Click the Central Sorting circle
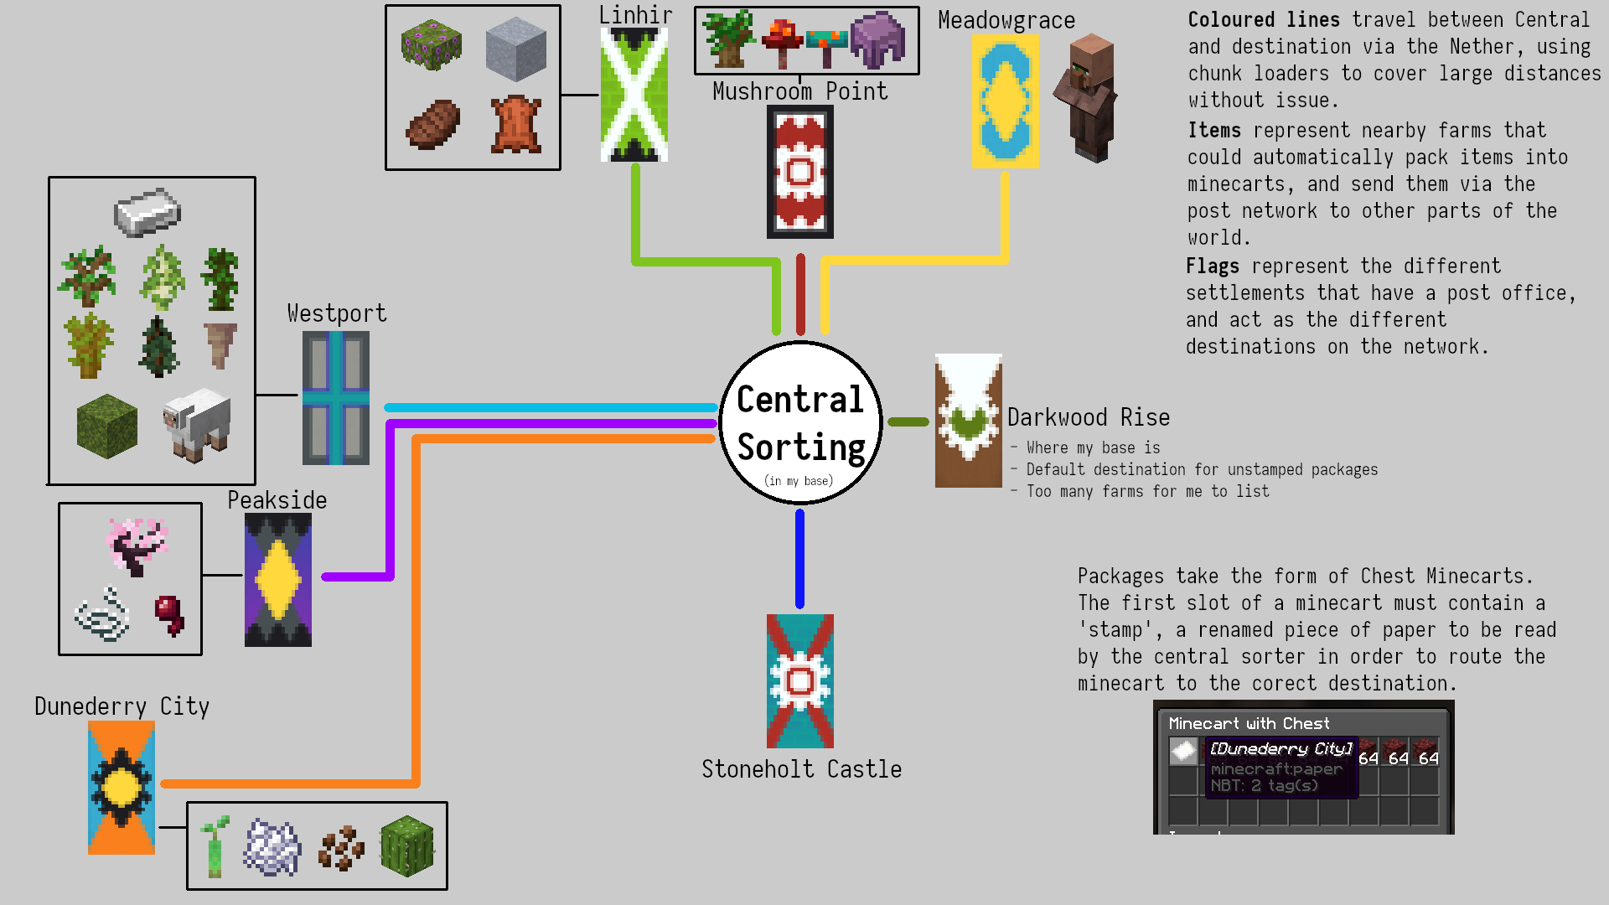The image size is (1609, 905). (800, 422)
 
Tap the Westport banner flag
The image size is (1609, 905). (335, 397)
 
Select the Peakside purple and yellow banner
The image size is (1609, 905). (277, 579)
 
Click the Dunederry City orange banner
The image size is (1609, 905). (122, 787)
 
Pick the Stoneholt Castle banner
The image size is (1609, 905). (799, 680)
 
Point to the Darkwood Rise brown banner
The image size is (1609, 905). (968, 420)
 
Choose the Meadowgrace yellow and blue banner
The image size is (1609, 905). (1004, 101)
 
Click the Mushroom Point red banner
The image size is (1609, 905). (799, 172)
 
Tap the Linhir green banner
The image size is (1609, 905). (634, 94)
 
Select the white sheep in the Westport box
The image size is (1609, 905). (198, 422)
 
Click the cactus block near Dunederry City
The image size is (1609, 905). (407, 846)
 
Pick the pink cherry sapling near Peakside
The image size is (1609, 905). (137, 545)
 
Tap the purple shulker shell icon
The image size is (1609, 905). (877, 39)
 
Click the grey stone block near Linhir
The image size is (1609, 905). (515, 48)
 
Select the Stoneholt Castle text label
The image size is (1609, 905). (801, 769)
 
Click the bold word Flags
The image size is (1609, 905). (1212, 266)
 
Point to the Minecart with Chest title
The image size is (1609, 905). (1249, 723)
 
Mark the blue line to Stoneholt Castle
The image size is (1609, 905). (799, 558)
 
